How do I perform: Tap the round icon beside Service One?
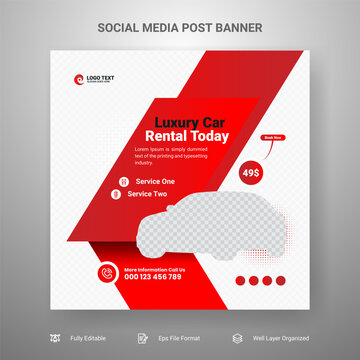[124, 181]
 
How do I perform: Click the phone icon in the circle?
[107, 272]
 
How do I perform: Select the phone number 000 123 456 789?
[153, 277]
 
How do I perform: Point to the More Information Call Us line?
[154, 268]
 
